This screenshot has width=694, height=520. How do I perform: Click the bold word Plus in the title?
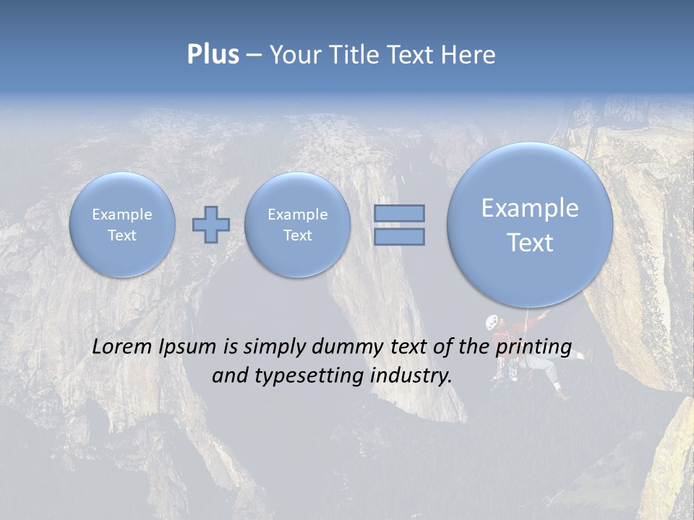pos(213,55)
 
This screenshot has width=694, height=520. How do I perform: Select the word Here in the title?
pos(469,55)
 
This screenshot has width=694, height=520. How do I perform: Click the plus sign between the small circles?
pos(210,225)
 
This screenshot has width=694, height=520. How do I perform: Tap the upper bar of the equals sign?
pos(399,213)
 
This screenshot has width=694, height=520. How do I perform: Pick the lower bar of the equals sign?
pos(399,237)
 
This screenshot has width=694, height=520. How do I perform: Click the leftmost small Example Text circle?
pos(122,225)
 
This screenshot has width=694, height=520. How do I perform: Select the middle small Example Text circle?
pos(297,225)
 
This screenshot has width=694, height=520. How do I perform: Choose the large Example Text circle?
pos(530,225)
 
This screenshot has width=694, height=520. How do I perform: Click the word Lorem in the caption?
pos(123,347)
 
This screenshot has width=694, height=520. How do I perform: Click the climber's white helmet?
pos(492,321)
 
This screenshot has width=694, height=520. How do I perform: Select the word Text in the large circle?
pos(530,243)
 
